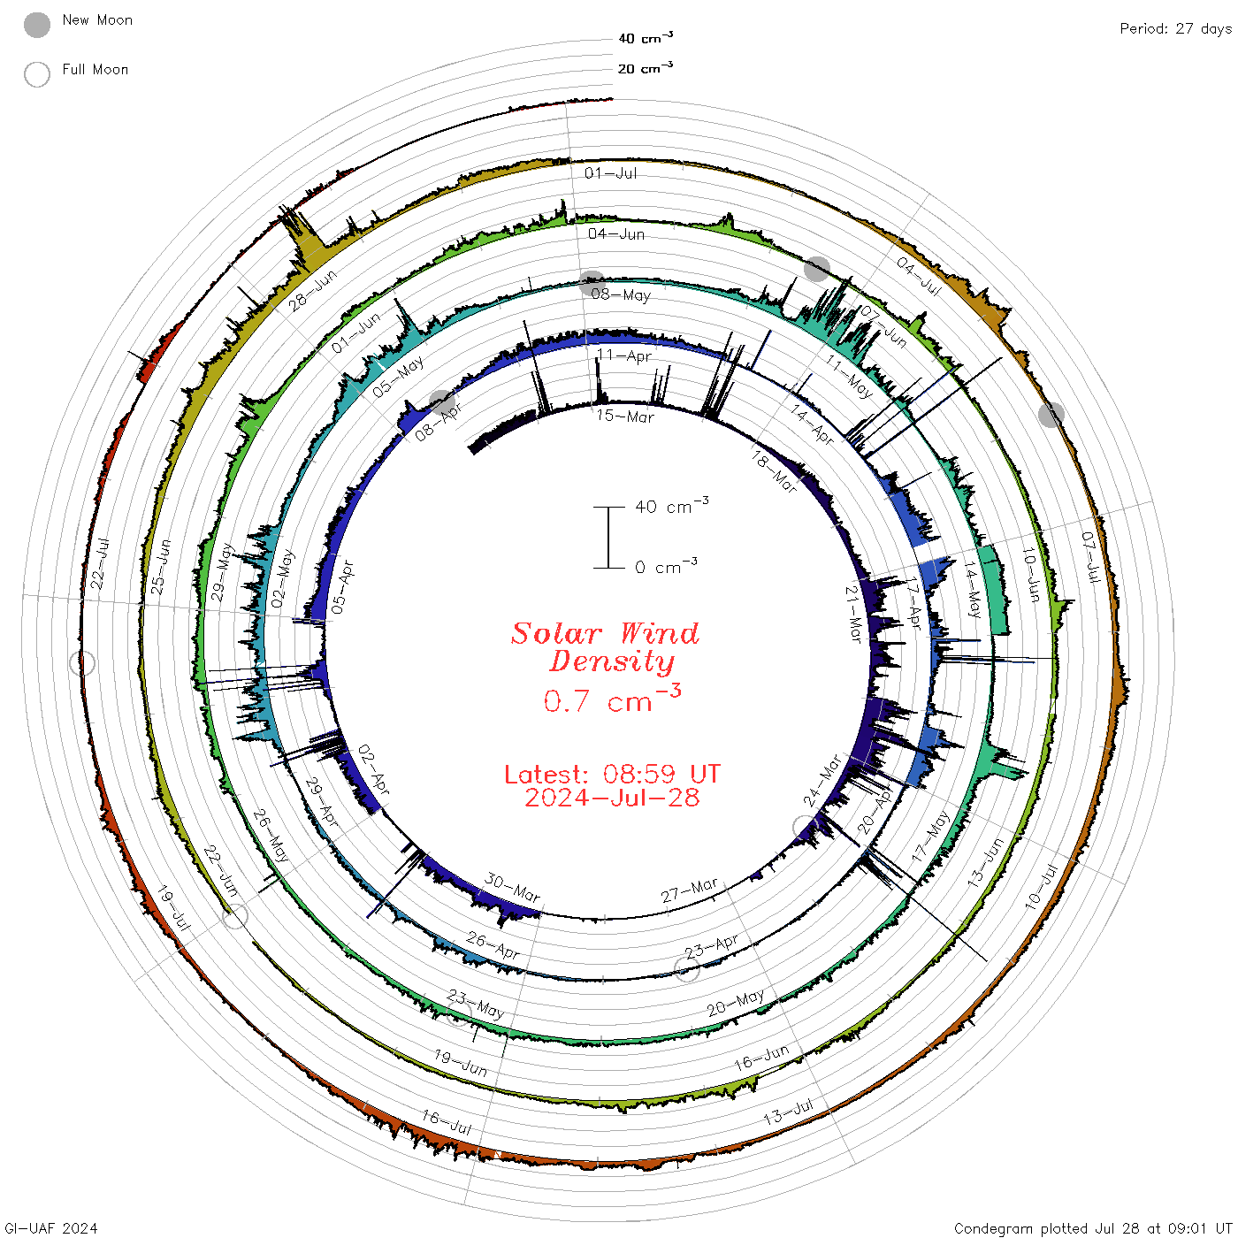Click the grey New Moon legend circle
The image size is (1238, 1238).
pos(37,25)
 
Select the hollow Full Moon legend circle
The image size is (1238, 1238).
pos(37,74)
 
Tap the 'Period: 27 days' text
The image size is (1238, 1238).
pos(1175,29)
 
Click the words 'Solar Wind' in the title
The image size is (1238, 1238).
pos(605,633)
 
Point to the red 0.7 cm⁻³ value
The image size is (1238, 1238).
pos(612,699)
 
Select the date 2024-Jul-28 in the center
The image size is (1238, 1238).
pos(612,798)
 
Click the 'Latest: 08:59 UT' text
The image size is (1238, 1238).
pos(612,774)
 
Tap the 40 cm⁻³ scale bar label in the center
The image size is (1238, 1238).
pos(672,506)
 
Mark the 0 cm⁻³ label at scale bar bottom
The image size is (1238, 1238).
pos(666,567)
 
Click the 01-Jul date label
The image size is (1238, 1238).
pos(610,172)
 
